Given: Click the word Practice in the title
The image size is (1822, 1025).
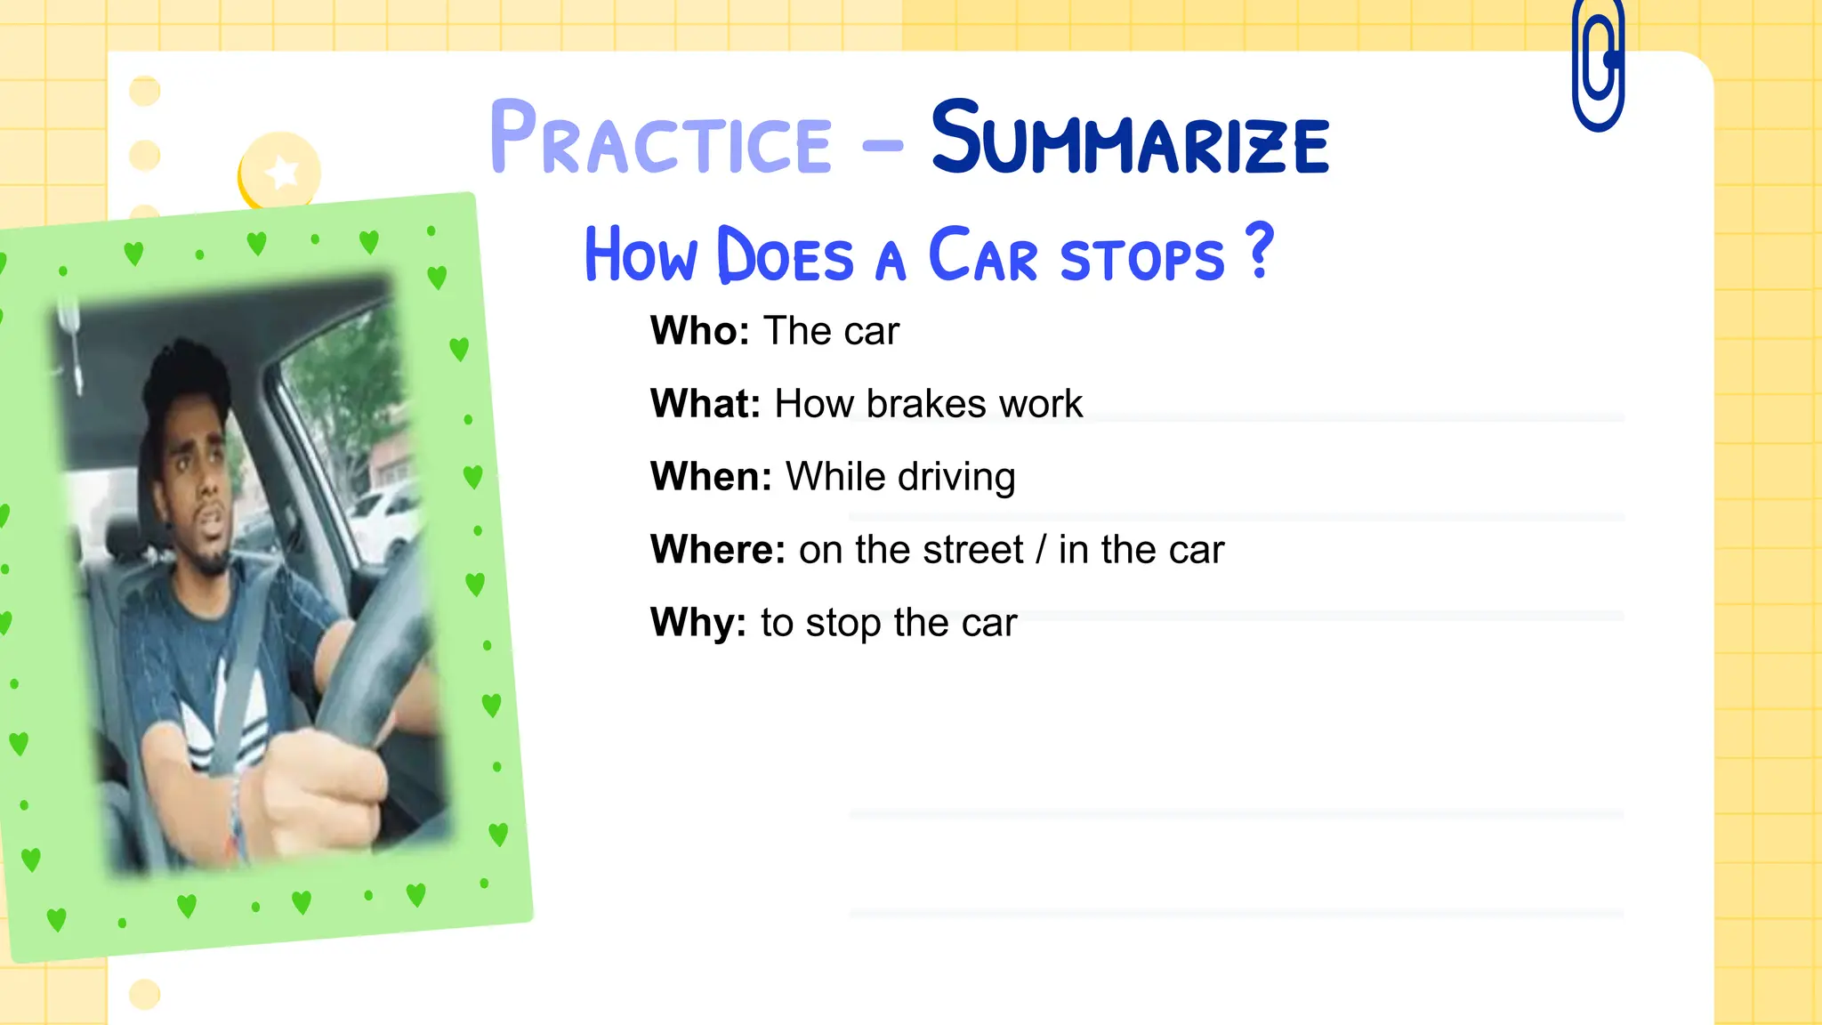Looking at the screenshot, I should click(x=660, y=139).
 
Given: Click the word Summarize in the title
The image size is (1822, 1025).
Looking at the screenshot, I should click(x=1130, y=139).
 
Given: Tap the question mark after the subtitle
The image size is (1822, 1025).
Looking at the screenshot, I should click(x=1260, y=251).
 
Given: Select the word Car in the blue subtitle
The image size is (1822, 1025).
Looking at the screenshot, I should click(x=982, y=256).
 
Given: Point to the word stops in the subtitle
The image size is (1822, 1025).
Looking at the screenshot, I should click(x=1142, y=260).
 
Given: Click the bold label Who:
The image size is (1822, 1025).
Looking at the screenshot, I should click(x=700, y=331).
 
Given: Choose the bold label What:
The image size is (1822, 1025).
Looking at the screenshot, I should click(x=705, y=404).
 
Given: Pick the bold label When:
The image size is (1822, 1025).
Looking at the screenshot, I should click(x=711, y=477).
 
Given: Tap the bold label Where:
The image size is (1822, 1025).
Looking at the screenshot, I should click(x=718, y=550).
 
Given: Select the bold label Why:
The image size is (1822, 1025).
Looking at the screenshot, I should click(x=698, y=623).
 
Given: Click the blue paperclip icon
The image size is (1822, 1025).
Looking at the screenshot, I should click(x=1598, y=67).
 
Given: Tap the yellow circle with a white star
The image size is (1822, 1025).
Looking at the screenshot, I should click(x=281, y=172).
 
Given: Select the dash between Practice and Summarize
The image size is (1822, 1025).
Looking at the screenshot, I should click(x=883, y=144).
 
